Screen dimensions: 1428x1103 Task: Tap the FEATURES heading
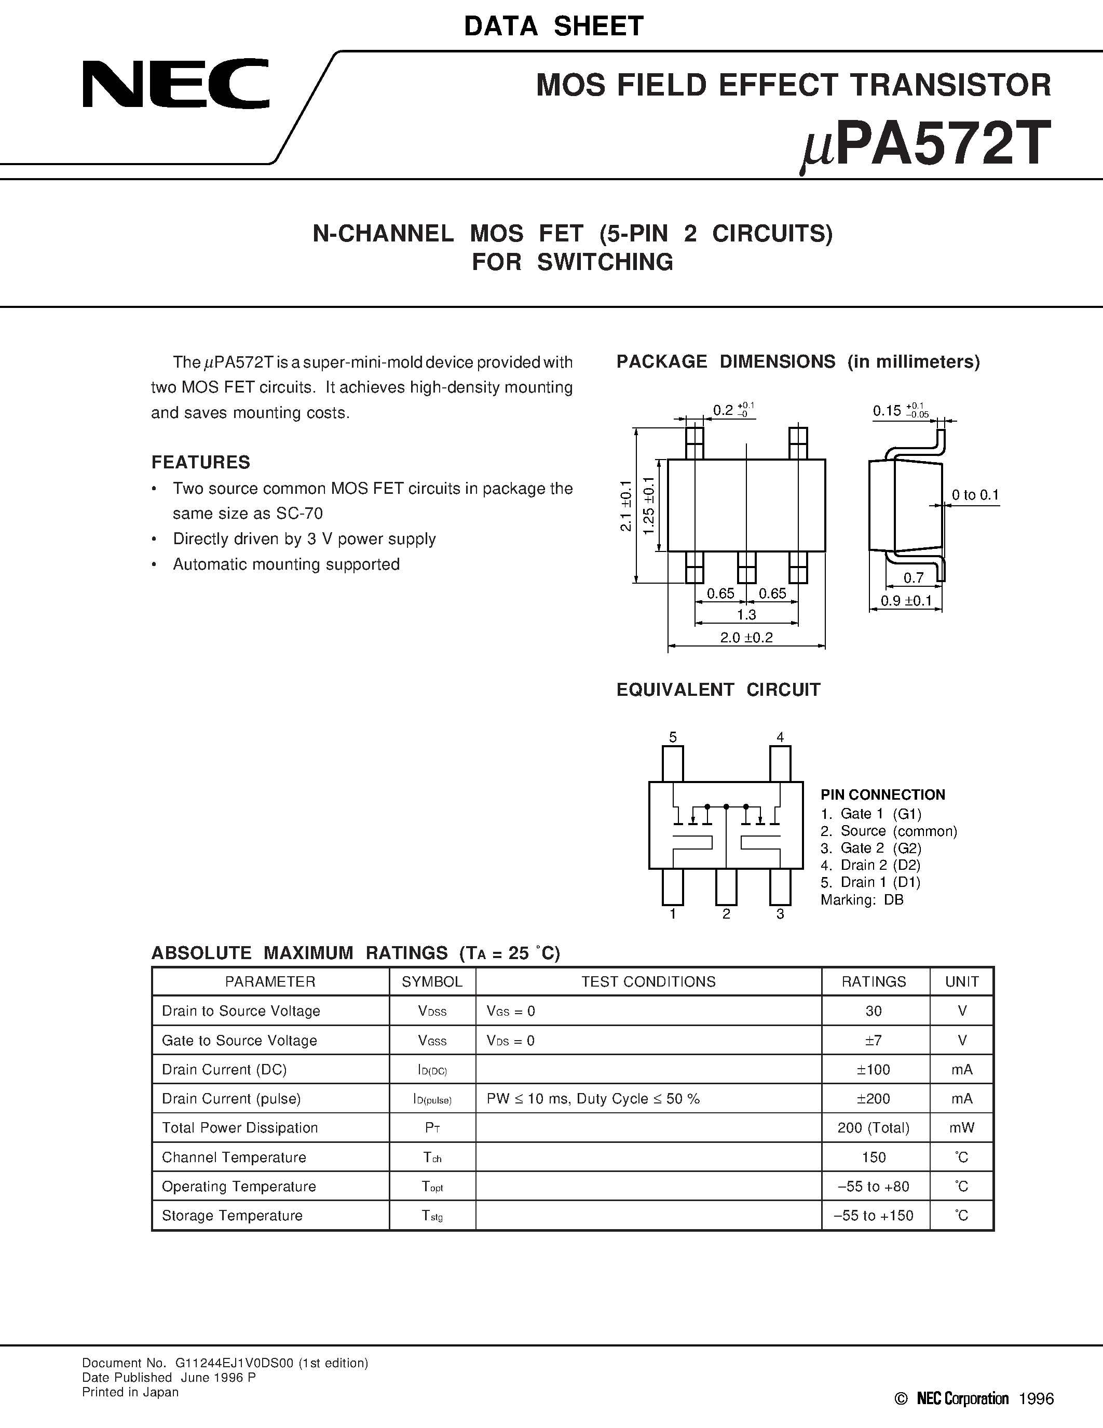[x=200, y=462]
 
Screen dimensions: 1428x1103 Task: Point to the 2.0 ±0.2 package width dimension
[x=746, y=638]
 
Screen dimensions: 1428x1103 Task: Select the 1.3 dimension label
[x=746, y=615]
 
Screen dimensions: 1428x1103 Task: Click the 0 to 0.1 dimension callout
[x=975, y=495]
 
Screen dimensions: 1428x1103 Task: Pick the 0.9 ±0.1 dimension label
[x=906, y=600]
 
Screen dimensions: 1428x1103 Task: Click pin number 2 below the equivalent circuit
[x=726, y=914]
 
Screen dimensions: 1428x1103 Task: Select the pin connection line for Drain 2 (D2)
[x=870, y=865]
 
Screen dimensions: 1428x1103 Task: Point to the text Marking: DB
[x=862, y=900]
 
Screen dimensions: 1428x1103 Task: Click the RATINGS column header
[x=874, y=981]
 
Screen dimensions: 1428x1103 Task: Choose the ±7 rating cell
[x=874, y=1040]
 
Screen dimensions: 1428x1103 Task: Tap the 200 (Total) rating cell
[x=874, y=1128]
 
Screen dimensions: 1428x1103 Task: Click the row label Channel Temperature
[x=234, y=1157]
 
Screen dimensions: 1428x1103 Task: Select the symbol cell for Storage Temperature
[x=432, y=1216]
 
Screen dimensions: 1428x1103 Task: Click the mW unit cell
[x=962, y=1128]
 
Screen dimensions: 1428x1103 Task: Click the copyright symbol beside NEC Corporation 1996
[x=902, y=1398]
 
